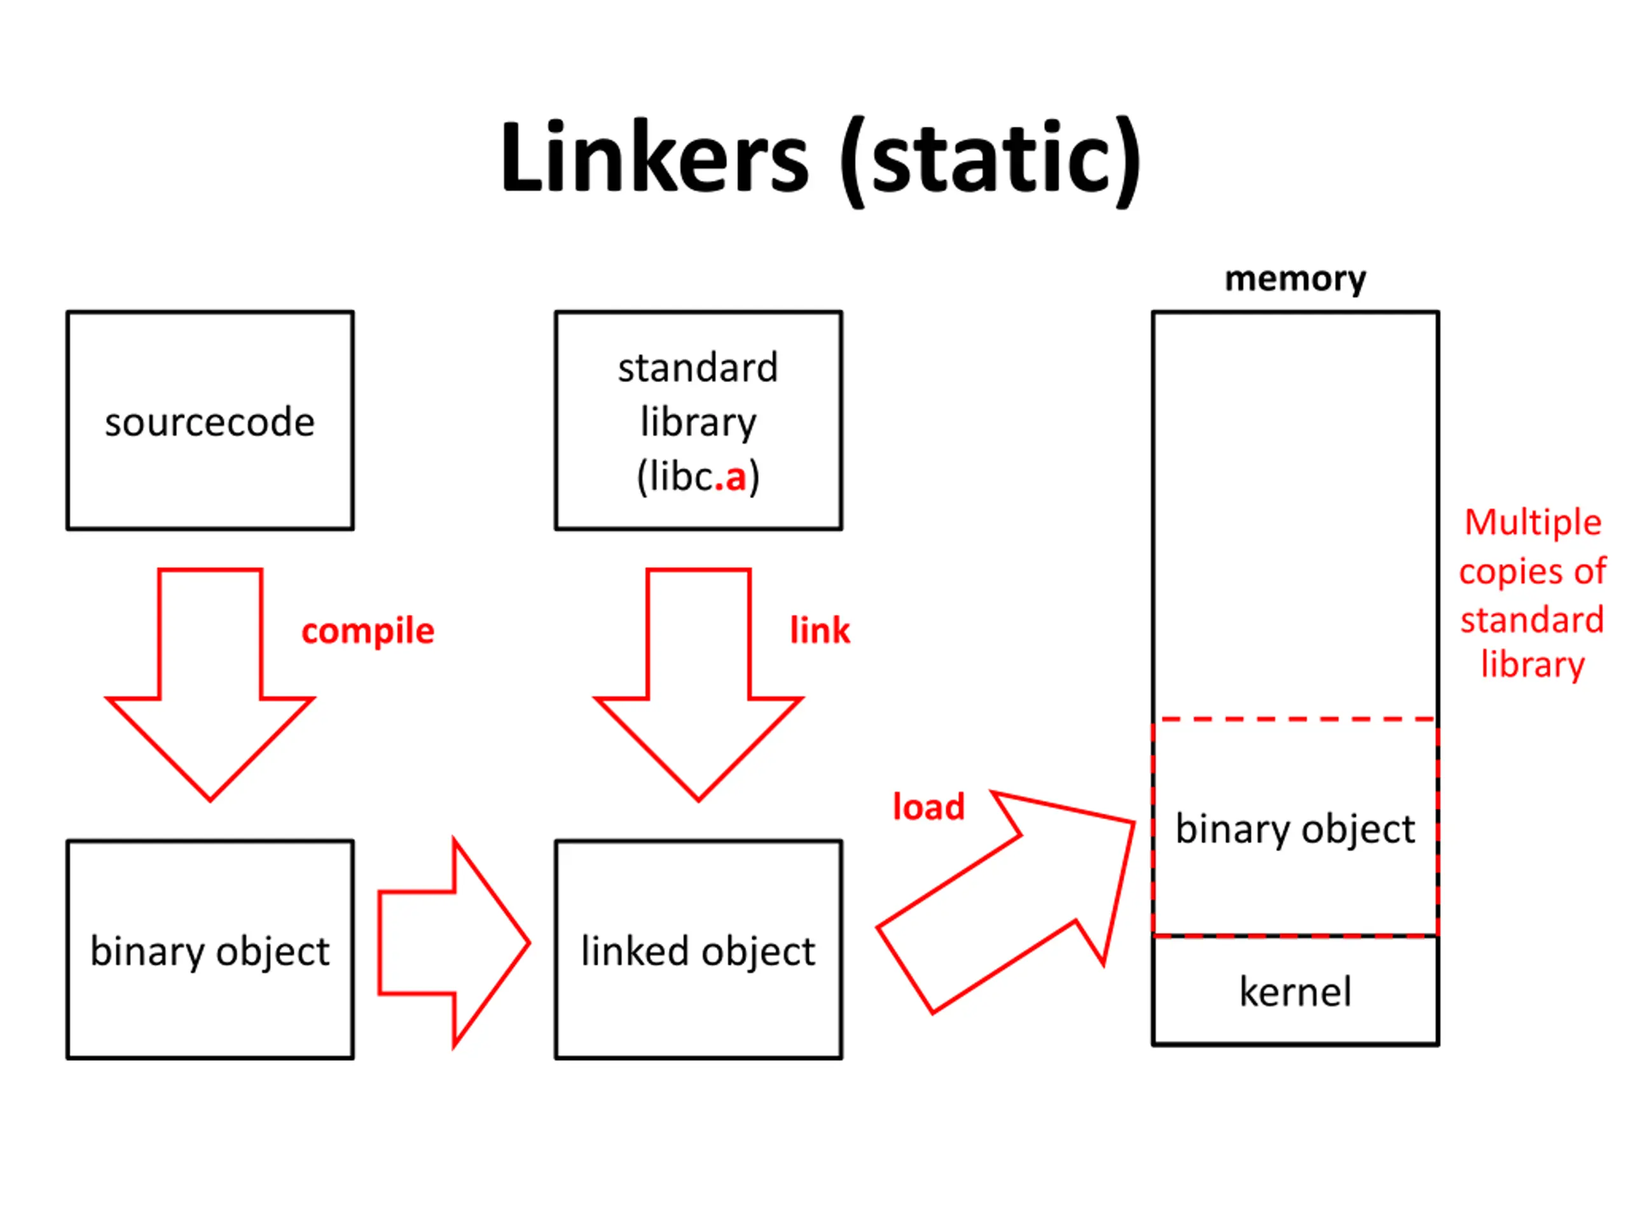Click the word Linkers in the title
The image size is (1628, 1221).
[654, 158]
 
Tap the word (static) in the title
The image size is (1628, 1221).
[991, 162]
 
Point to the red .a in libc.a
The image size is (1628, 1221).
[730, 477]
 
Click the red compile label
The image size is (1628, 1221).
[368, 631]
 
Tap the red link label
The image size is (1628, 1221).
[820, 630]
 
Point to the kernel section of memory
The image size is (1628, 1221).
[1295, 991]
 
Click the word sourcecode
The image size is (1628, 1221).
[210, 422]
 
